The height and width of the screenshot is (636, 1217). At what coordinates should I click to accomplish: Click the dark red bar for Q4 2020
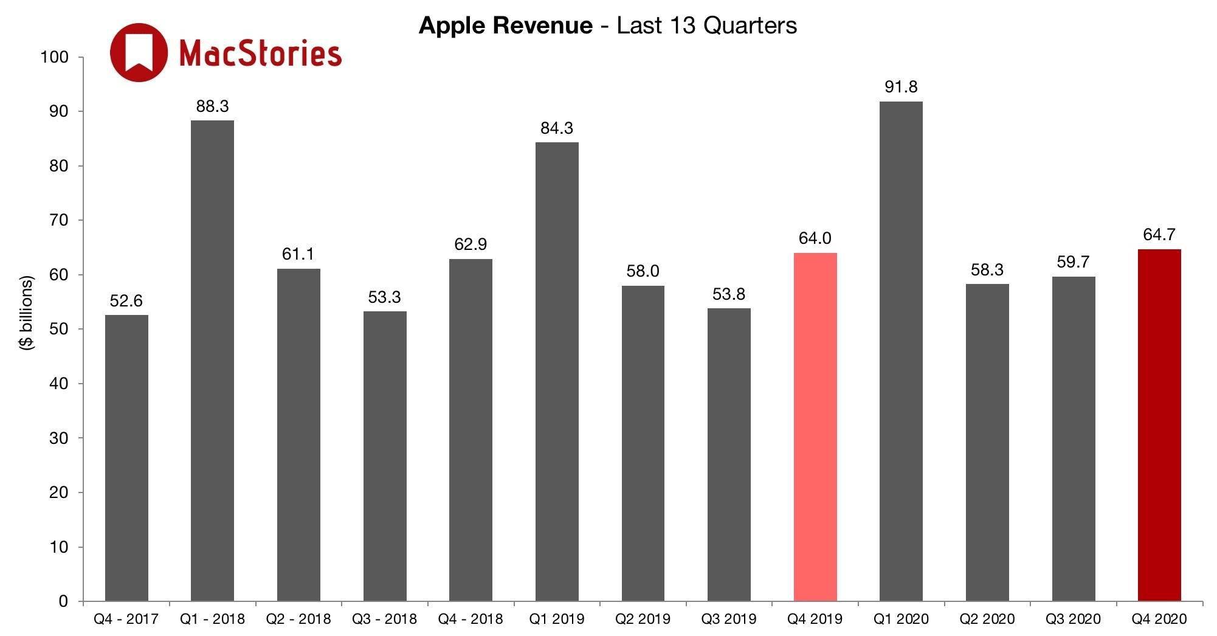click(1159, 426)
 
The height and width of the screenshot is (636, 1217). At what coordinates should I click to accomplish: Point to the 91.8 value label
click(901, 87)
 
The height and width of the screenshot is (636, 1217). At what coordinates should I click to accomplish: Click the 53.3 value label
click(384, 297)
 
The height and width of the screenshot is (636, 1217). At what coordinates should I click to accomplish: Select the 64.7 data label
click(1159, 235)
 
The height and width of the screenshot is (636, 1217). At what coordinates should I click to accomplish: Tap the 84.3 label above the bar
click(557, 128)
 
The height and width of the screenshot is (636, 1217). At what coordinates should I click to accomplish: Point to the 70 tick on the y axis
click(58, 220)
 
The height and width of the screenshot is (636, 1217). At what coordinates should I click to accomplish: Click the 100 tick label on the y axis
click(55, 57)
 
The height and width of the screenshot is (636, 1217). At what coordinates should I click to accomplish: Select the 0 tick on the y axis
click(63, 601)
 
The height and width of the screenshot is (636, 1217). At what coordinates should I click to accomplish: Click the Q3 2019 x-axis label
click(729, 619)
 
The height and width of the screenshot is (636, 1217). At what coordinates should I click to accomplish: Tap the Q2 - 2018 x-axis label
click(298, 619)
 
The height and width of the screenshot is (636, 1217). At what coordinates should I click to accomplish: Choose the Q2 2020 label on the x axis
click(987, 619)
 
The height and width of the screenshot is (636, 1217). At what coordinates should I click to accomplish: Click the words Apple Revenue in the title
click(505, 26)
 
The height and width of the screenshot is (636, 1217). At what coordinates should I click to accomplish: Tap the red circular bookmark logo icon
click(139, 52)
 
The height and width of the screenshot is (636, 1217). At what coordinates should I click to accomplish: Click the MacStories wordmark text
click(261, 53)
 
